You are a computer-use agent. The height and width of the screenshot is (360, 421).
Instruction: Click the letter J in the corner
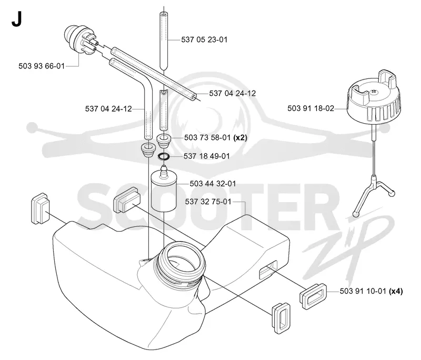coord(16,19)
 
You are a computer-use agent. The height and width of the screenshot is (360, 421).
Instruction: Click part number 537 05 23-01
coord(204,39)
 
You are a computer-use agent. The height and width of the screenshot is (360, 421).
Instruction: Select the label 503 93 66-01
coord(42,66)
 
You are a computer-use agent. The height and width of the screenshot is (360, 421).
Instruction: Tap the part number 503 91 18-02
coord(310,108)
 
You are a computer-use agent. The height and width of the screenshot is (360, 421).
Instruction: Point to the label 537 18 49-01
coord(207,156)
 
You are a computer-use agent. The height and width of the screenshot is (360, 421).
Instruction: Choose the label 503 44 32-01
coord(213,184)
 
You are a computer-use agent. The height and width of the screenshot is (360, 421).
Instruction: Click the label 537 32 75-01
coord(208,202)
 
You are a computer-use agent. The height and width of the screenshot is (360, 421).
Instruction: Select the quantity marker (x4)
coord(396,291)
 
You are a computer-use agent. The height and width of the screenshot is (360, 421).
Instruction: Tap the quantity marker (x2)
coord(240,138)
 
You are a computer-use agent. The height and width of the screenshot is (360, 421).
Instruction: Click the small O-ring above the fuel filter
coord(164,156)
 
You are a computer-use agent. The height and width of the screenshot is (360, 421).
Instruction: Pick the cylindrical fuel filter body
coord(163,192)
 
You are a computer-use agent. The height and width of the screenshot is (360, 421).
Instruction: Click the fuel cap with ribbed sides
coord(374,97)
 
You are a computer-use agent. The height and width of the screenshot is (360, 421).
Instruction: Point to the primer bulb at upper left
coord(81,39)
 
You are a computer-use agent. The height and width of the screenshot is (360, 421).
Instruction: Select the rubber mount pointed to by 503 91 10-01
coord(313,296)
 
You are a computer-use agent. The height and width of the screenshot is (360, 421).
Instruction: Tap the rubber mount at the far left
coord(41,208)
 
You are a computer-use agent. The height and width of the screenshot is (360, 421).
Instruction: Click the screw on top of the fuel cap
coord(374,92)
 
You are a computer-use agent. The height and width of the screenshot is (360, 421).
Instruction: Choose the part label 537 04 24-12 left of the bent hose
coord(108,109)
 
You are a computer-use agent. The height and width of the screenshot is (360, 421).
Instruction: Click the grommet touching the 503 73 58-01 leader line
coord(164,141)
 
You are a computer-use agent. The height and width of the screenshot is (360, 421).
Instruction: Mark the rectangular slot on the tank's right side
coord(268,271)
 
